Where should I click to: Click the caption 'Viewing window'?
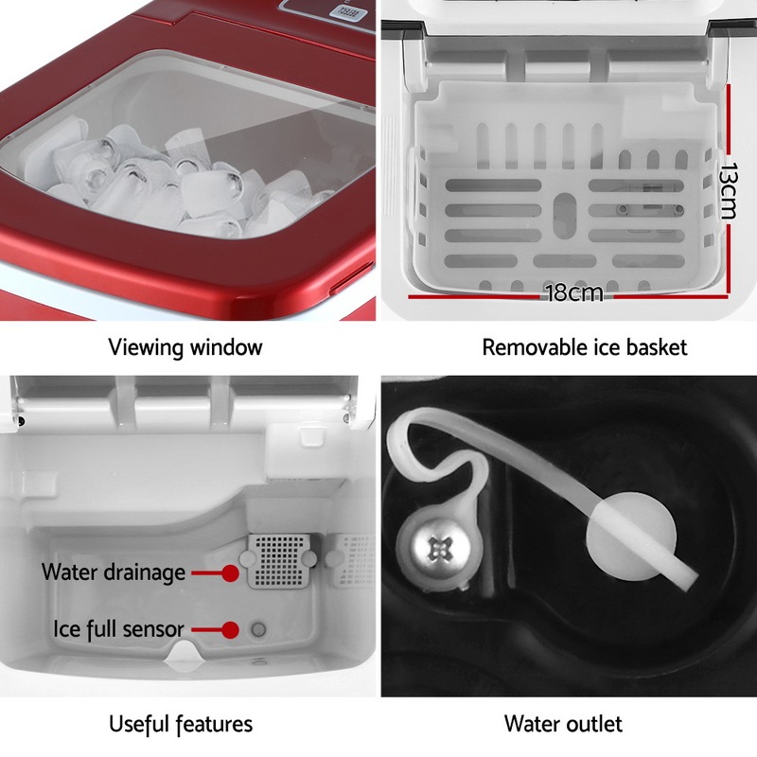[x=185, y=346]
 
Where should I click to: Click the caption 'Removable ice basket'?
[x=584, y=346]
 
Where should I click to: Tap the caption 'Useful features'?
[x=181, y=724]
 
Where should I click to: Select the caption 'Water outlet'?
[x=563, y=724]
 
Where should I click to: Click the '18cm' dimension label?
[x=573, y=292]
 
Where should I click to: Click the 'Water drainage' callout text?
[x=113, y=572]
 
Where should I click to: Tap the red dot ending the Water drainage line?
[x=230, y=572]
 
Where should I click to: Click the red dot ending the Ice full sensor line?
[x=230, y=628]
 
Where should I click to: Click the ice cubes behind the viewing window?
[x=189, y=180]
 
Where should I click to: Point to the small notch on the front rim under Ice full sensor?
[x=183, y=654]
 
